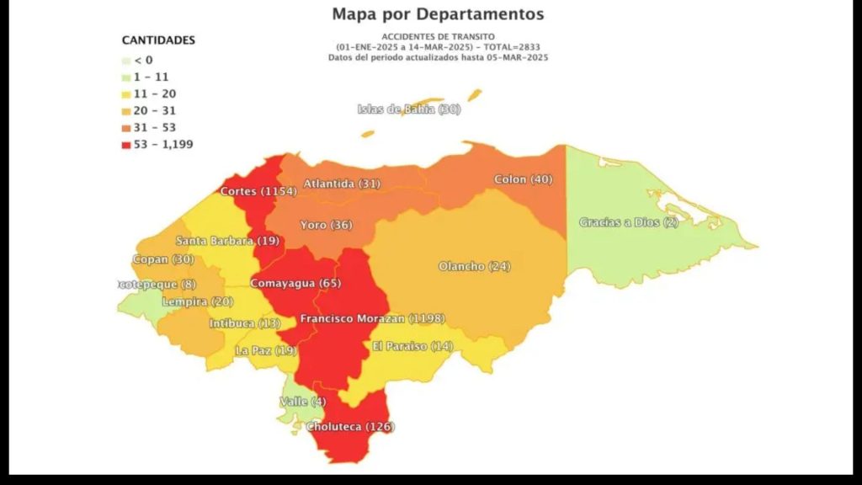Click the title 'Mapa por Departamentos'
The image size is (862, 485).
(x=438, y=14)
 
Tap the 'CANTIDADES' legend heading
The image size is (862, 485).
(x=158, y=40)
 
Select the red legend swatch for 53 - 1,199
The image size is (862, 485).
(x=126, y=144)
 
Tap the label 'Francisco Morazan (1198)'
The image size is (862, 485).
(x=372, y=318)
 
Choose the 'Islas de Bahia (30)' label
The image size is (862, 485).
(x=408, y=109)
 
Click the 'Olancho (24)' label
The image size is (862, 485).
(x=474, y=266)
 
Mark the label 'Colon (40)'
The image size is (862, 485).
(x=523, y=179)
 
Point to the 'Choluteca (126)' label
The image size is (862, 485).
(x=349, y=426)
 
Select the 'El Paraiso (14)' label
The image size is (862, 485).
(x=412, y=346)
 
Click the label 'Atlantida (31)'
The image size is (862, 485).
(x=342, y=183)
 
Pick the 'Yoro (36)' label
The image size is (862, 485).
(x=326, y=225)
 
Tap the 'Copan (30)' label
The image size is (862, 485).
(x=162, y=259)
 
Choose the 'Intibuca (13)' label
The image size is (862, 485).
(x=245, y=323)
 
